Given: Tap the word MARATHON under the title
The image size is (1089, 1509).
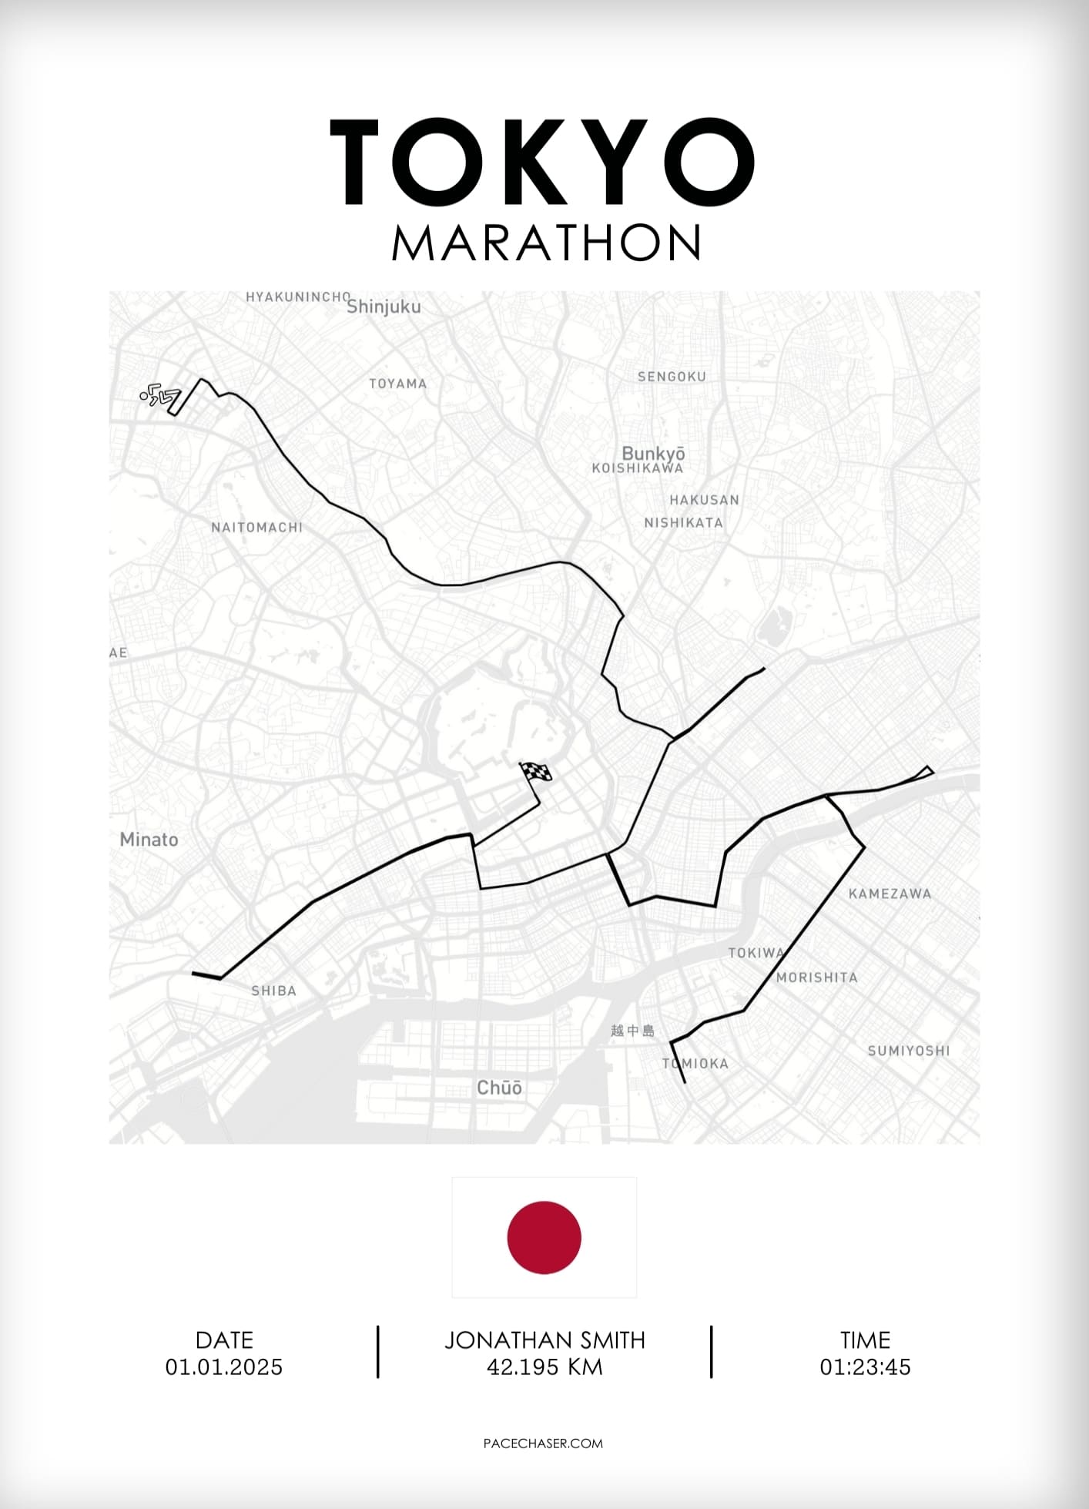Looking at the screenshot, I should [x=546, y=243].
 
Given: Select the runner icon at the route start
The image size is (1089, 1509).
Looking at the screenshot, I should [x=159, y=397].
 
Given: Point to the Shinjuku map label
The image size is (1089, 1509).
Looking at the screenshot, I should [x=384, y=307].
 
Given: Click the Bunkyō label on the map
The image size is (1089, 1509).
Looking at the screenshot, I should [x=653, y=453].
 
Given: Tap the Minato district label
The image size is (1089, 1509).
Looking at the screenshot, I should [x=149, y=840].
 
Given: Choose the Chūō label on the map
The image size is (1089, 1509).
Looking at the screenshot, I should [x=499, y=1088].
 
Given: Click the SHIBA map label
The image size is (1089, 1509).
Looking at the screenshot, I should [x=273, y=991].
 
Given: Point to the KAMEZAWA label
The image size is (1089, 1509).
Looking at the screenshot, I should [x=890, y=894].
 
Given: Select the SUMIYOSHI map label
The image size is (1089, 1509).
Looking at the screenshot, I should [x=909, y=1051].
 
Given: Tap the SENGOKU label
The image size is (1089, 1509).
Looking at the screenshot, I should [x=672, y=377].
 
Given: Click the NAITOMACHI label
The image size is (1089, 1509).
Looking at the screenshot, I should [x=257, y=528].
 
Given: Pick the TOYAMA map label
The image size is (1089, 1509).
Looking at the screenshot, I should [x=397, y=384].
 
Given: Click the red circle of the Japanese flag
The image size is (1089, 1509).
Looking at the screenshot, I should [x=544, y=1237].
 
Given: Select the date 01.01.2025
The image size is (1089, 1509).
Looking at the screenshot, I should [x=224, y=1367].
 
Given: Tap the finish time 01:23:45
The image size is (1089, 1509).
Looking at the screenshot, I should [x=865, y=1367].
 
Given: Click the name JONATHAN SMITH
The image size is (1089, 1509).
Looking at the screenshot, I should [x=544, y=1340].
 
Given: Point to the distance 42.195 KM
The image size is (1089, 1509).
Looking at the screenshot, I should [x=544, y=1367].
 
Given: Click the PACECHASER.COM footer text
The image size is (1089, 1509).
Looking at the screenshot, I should [x=543, y=1444].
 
